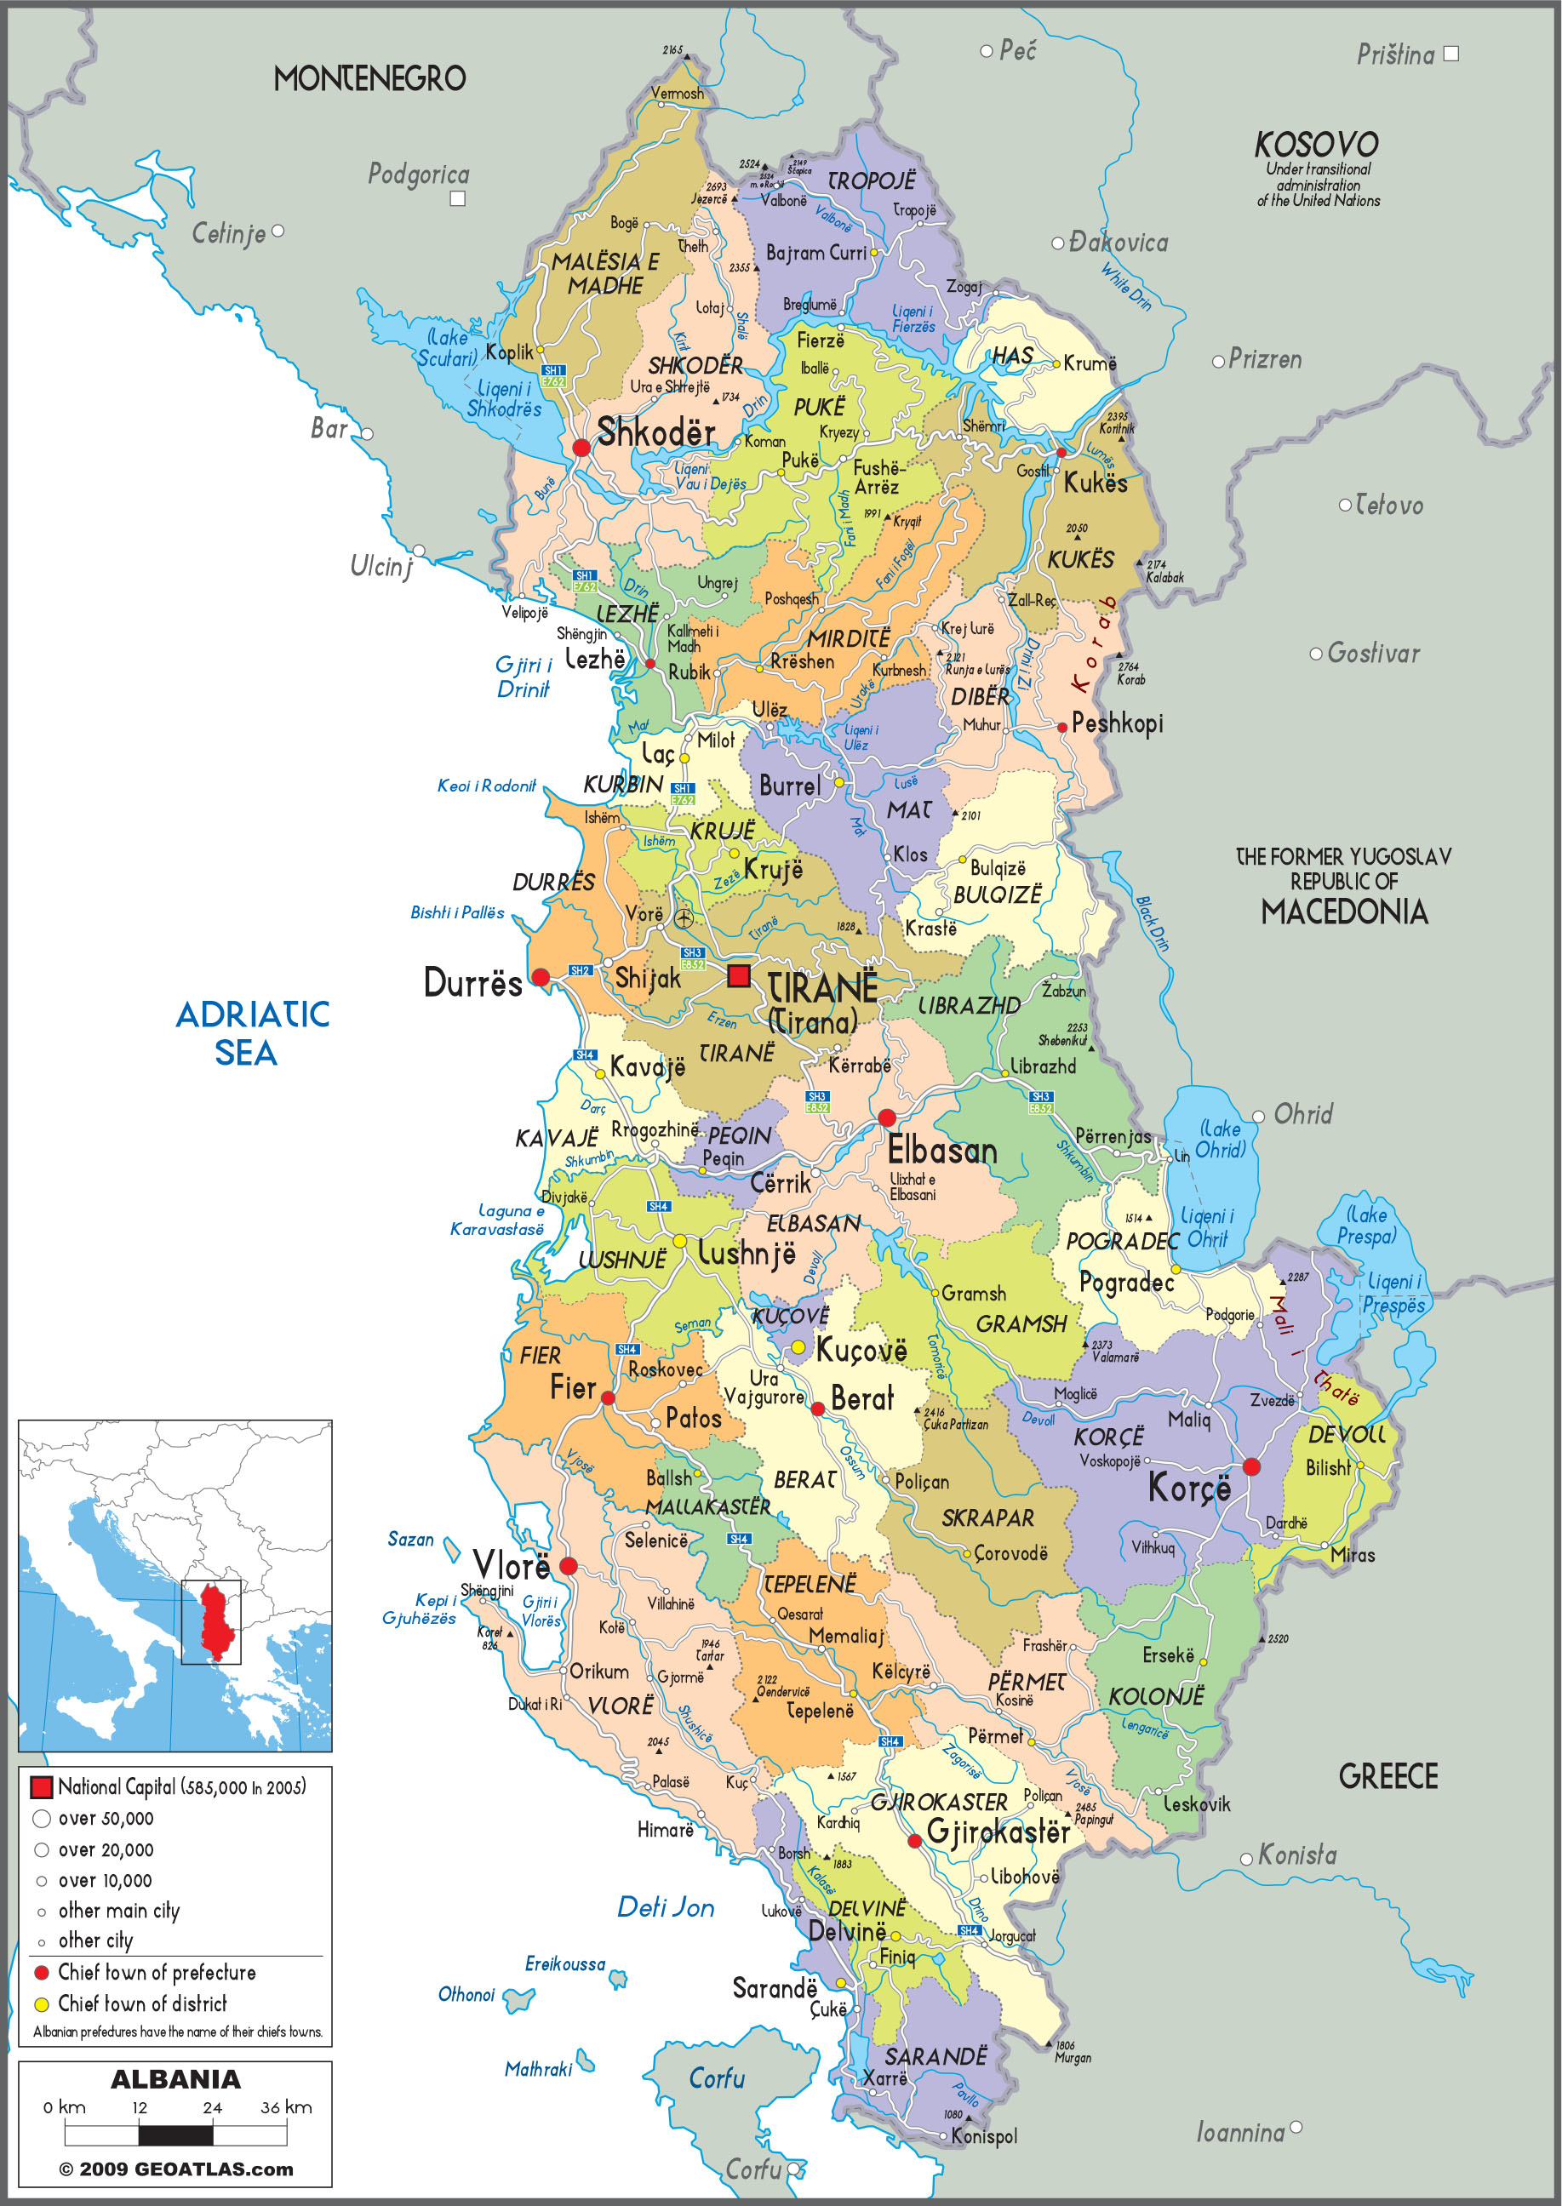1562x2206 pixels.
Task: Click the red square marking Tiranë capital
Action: click(x=739, y=976)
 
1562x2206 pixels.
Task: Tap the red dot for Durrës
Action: click(x=541, y=977)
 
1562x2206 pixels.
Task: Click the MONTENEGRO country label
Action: click(x=369, y=79)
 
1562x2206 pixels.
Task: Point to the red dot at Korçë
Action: click(x=1251, y=1466)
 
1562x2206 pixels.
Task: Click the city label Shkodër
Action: click(x=656, y=432)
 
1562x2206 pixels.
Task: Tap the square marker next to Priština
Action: click(x=1451, y=54)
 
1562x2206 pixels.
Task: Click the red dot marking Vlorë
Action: click(x=569, y=1565)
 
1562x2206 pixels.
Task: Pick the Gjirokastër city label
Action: click(x=998, y=1831)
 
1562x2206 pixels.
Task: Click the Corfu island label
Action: click(x=717, y=2078)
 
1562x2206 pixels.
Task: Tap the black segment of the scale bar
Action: click(x=175, y=2135)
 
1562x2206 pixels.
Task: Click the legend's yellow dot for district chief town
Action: click(x=42, y=2004)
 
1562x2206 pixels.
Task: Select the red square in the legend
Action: click(x=42, y=1787)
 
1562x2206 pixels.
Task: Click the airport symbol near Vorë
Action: click(x=683, y=918)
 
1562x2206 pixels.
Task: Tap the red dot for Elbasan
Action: click(x=887, y=1117)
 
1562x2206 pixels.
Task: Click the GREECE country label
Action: click(x=1387, y=1776)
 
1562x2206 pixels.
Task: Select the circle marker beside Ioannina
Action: click(x=1296, y=2127)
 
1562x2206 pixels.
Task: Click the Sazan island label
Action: click(x=410, y=1539)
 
